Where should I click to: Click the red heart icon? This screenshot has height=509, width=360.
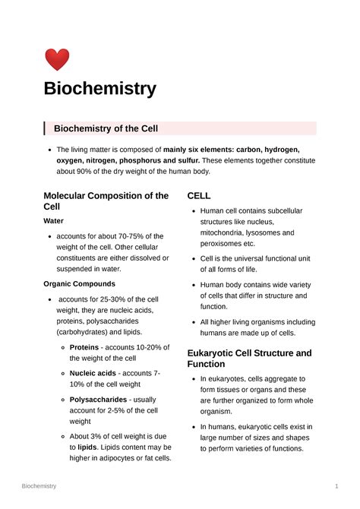click(57, 59)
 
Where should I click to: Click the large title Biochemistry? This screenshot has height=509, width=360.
click(99, 88)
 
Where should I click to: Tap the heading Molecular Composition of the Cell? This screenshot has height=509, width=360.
click(106, 201)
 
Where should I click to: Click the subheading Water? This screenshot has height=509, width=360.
click(54, 222)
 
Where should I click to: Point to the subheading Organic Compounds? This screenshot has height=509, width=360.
click(80, 283)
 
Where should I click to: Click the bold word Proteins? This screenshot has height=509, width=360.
click(84, 346)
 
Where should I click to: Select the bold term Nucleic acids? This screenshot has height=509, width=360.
click(93, 373)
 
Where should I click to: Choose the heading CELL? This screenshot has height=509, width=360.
click(199, 195)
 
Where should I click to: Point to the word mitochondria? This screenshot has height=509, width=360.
click(227, 232)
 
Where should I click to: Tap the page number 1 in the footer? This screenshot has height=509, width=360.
click(336, 485)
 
